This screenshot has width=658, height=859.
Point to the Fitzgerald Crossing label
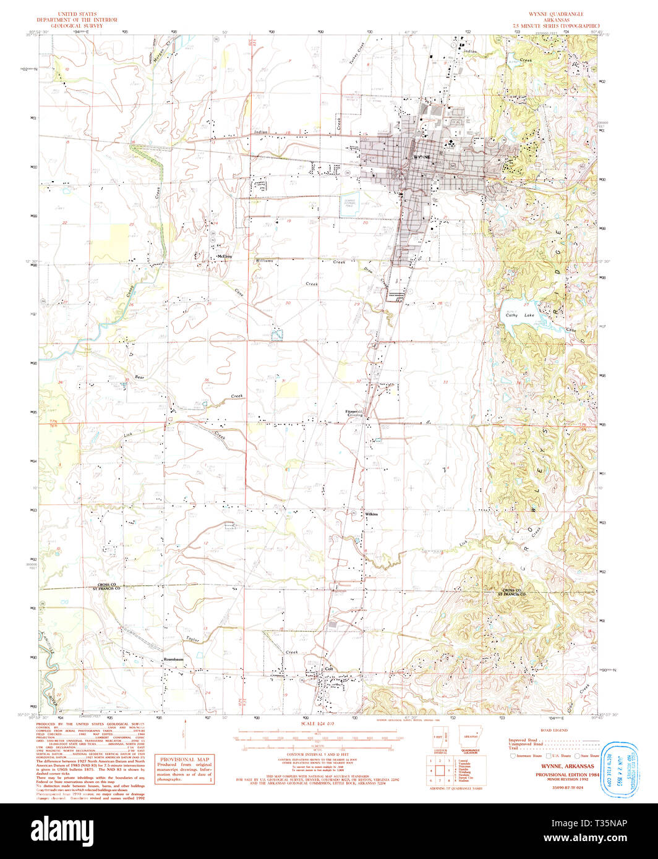coord(354,412)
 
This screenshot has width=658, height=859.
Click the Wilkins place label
coord(371,514)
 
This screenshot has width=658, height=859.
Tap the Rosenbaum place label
coord(174,659)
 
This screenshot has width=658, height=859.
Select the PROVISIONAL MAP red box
coord(186,770)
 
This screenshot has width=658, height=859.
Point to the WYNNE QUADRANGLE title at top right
coord(555,14)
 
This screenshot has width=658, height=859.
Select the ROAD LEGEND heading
coord(553,730)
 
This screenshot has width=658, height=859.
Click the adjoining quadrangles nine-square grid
coord(440,770)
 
